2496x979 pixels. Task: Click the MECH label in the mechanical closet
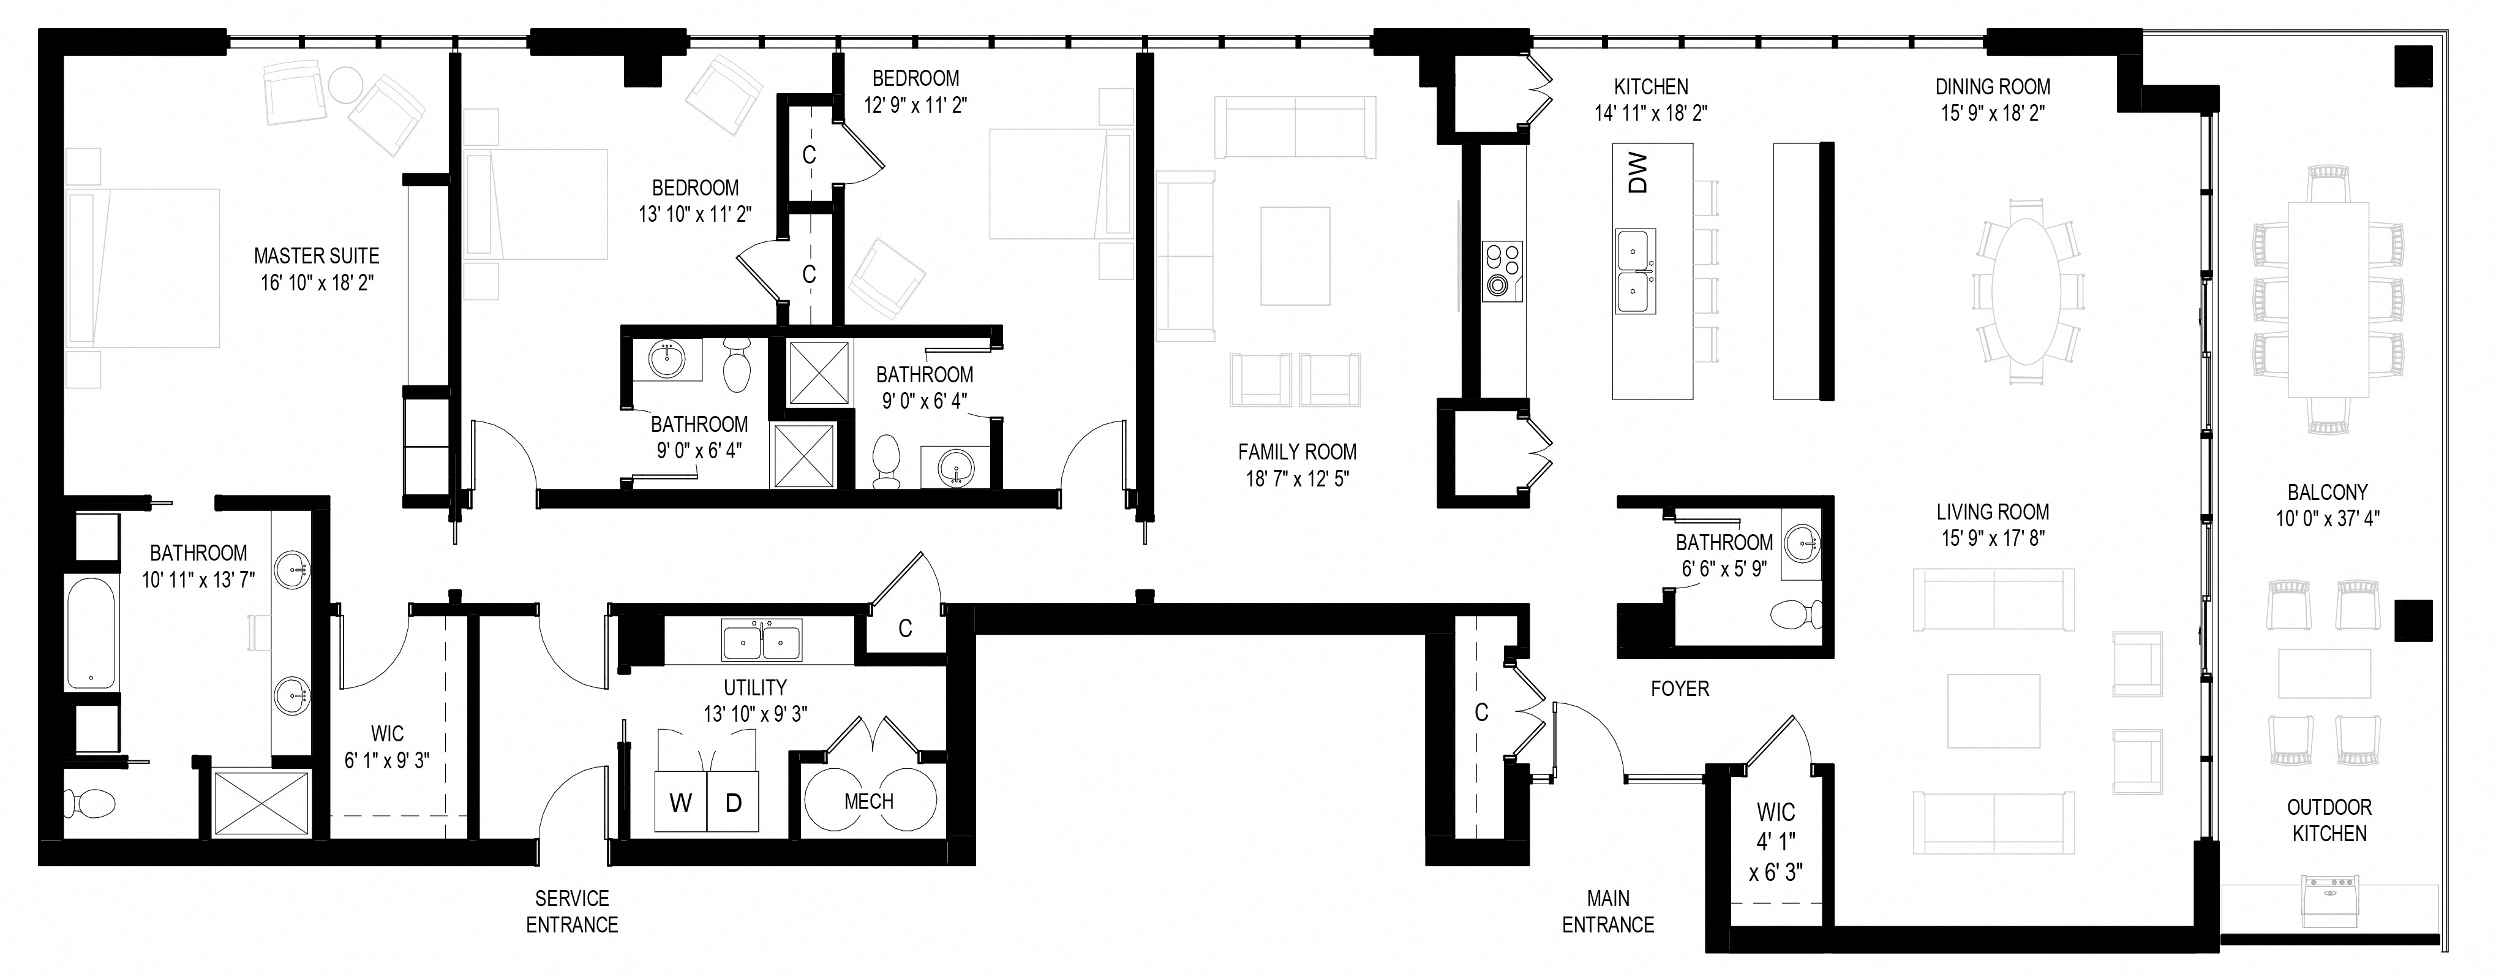pyautogui.click(x=869, y=801)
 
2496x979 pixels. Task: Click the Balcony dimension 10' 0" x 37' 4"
pyautogui.click(x=2328, y=518)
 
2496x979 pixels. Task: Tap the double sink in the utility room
pyautogui.click(x=762, y=641)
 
